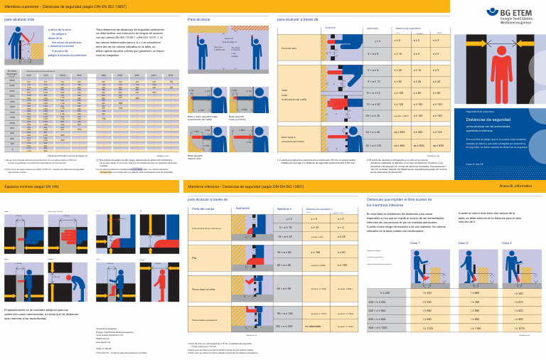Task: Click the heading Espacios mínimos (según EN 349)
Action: point(32,186)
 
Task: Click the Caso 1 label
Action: point(415,243)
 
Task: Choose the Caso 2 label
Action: point(463,243)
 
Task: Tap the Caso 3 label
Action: point(507,243)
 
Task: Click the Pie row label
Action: point(194,258)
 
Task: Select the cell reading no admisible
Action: point(313,326)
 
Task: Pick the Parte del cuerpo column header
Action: point(203,208)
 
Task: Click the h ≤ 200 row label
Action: point(385,292)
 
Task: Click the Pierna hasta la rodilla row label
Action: point(204,289)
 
